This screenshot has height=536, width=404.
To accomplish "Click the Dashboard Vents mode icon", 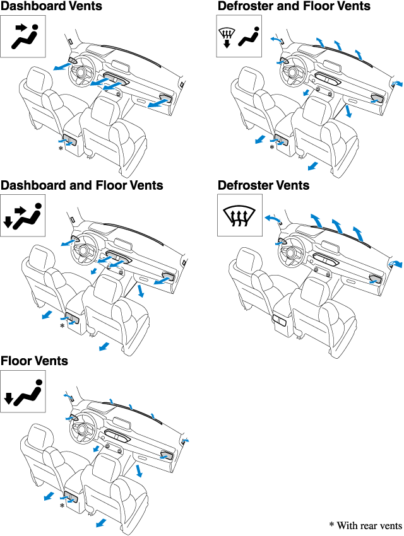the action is pyautogui.click(x=23, y=36).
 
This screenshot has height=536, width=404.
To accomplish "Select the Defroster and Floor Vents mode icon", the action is pyautogui.click(x=239, y=36).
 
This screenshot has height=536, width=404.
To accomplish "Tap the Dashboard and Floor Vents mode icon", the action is pyautogui.click(x=23, y=216).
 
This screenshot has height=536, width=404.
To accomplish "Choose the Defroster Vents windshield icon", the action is pyautogui.click(x=240, y=215).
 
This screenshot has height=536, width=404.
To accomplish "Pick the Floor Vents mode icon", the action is pyautogui.click(x=23, y=392).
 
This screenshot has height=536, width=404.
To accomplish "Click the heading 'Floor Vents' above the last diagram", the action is pyautogui.click(x=34, y=361).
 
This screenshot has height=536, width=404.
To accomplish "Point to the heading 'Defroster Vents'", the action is pyautogui.click(x=263, y=185).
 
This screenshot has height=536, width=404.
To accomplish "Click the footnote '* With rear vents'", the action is pyautogui.click(x=365, y=525).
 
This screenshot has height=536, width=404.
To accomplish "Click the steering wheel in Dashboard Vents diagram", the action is pyautogui.click(x=82, y=71).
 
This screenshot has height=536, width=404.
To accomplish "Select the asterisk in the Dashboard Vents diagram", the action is pyautogui.click(x=61, y=148).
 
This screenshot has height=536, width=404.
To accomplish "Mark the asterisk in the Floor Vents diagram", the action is pyautogui.click(x=62, y=505).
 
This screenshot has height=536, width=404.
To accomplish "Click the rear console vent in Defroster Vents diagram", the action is pyautogui.click(x=280, y=320).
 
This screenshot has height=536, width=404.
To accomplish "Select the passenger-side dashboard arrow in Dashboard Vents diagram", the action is pyautogui.click(x=159, y=103).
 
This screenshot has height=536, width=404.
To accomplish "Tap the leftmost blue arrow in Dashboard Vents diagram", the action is pyautogui.click(x=63, y=66).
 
